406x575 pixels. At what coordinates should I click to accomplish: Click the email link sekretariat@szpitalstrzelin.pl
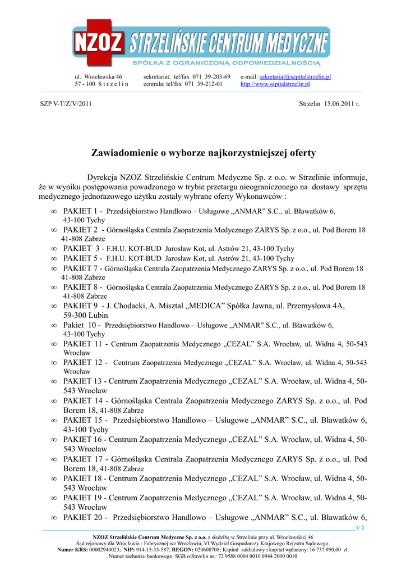[x=295, y=76]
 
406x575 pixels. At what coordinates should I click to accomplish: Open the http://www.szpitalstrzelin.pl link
[x=275, y=84]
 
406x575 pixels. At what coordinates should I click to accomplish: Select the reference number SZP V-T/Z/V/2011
[x=66, y=104]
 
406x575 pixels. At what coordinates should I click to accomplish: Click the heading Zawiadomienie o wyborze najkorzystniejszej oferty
[x=204, y=153]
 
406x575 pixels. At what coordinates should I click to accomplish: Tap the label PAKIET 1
[x=80, y=211]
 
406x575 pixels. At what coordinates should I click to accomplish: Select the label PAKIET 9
[x=80, y=306]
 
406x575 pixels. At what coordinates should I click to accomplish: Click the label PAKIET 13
[x=82, y=381]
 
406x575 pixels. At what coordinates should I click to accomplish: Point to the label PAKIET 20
[x=82, y=517]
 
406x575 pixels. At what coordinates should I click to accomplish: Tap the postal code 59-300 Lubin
[x=85, y=316]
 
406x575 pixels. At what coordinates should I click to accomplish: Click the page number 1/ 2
[x=359, y=528]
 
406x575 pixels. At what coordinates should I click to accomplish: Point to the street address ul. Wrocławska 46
[x=99, y=76]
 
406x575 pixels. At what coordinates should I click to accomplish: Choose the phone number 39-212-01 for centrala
[x=208, y=84]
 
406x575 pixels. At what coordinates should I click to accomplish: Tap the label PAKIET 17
[x=82, y=459]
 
